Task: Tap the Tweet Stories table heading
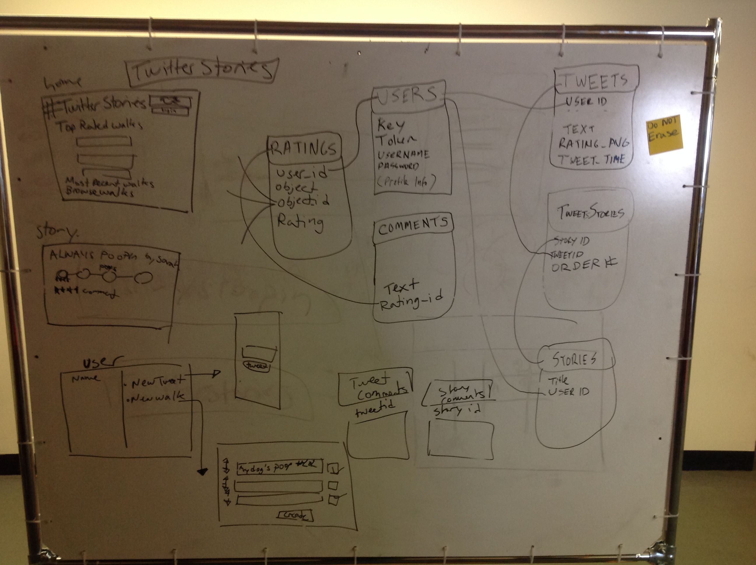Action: coord(591,212)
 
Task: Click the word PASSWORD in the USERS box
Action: coord(398,166)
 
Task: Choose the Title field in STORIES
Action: coord(558,380)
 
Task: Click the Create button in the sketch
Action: coord(296,515)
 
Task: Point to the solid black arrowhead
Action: coord(202,472)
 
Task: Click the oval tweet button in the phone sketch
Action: coord(256,366)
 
